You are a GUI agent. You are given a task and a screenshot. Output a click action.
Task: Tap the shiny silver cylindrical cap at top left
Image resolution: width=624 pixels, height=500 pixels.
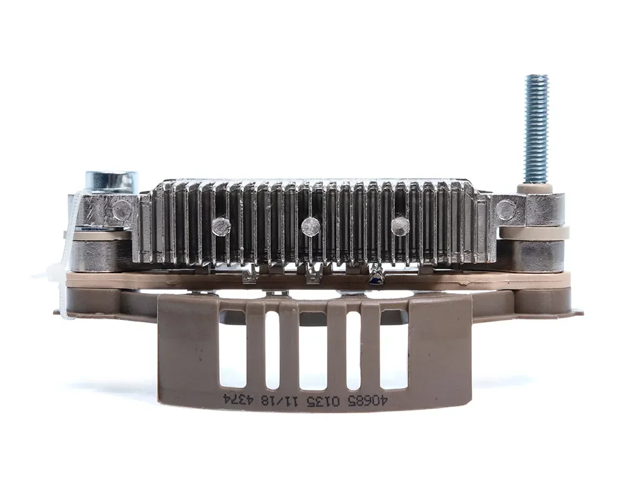pos(112,181)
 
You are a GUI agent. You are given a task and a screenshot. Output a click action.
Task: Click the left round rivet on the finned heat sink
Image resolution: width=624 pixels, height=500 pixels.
pos(221,226)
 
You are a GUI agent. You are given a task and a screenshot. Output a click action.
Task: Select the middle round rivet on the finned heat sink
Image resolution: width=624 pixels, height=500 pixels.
pos(311,226)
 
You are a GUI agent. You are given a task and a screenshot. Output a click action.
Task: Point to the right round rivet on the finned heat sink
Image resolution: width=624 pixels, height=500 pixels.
pos(401,226)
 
